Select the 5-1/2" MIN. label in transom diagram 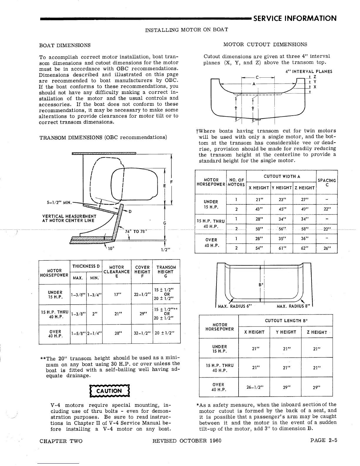59,203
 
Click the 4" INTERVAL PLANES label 309,71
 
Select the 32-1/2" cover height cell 142,333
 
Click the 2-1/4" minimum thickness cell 94,333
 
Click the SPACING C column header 327,182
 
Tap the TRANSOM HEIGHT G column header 166,272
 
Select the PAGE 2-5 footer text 323,440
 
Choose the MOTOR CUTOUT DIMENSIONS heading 265,44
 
